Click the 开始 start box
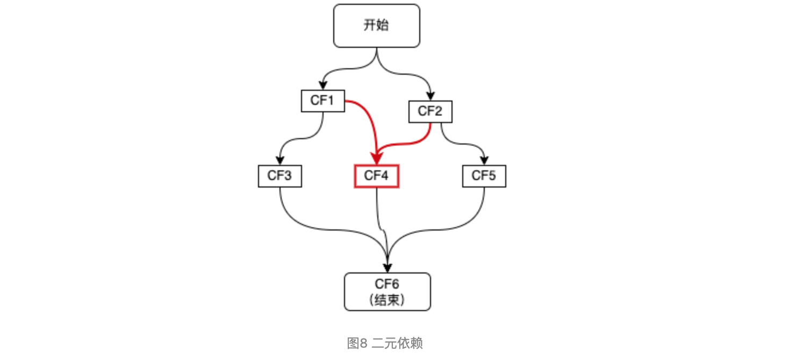click(x=376, y=26)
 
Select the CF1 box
click(x=322, y=100)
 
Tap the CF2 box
click(x=430, y=112)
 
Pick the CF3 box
click(x=279, y=176)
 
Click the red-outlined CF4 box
click(x=376, y=176)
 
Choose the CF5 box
click(x=484, y=176)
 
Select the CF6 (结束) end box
click(x=387, y=291)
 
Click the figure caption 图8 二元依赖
click(x=385, y=343)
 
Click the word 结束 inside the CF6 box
click(x=388, y=300)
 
